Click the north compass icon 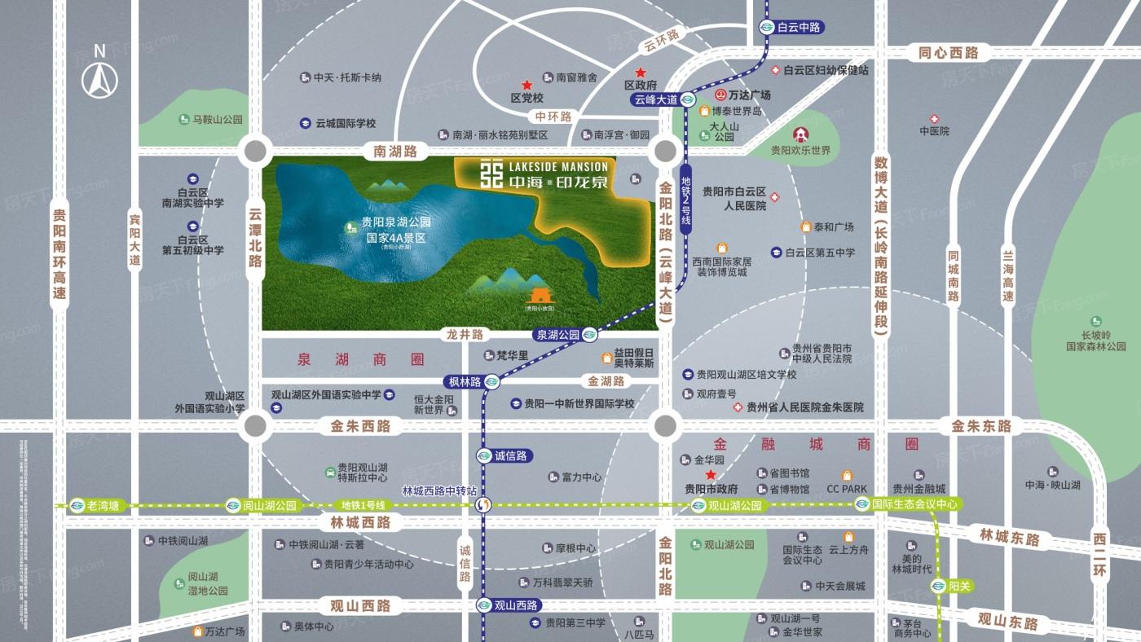click(100, 74)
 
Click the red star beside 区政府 click(641, 72)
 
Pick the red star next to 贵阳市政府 click(711, 475)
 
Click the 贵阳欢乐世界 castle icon click(801, 135)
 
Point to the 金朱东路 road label click(981, 425)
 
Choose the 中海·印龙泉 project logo click(540, 174)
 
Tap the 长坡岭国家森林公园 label click(1095, 341)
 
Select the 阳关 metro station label click(954, 586)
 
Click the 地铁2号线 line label click(686, 205)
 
